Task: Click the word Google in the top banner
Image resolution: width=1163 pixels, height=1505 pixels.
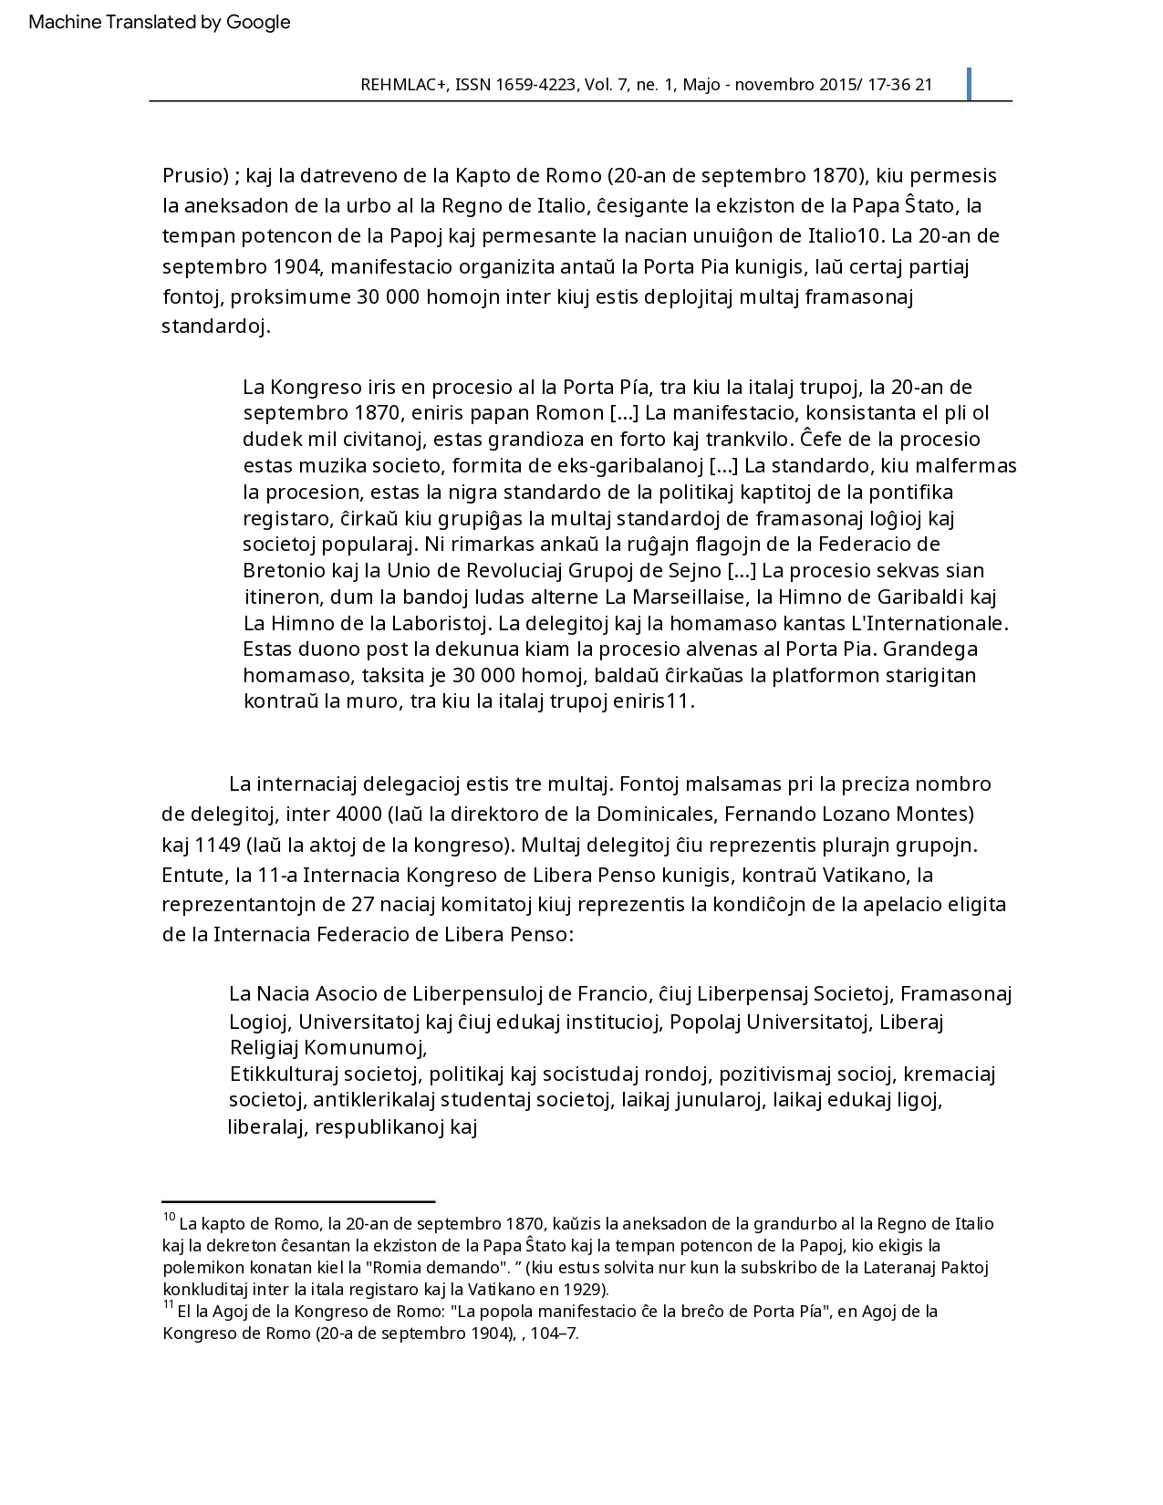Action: (x=258, y=22)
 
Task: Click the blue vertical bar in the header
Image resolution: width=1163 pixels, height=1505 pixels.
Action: (x=968, y=83)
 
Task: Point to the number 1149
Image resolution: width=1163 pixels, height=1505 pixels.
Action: (x=217, y=844)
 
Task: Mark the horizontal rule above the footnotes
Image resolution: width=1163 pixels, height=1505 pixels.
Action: (x=298, y=1203)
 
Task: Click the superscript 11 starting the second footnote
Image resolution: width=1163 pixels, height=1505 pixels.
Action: (x=168, y=1305)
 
